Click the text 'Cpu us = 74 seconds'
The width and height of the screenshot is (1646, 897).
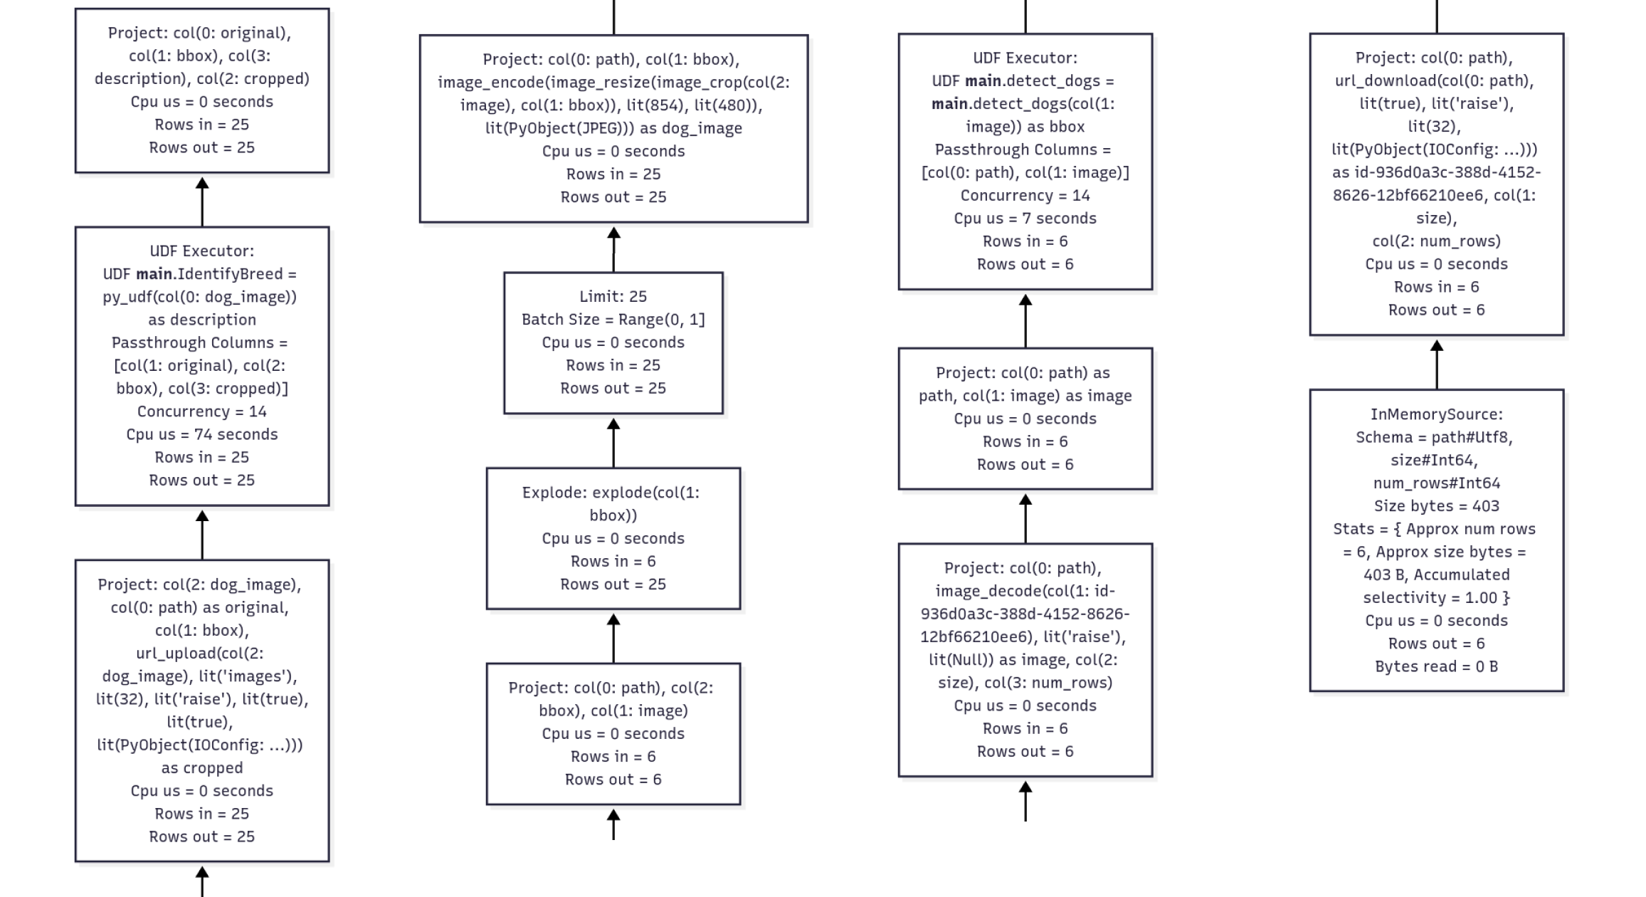[202, 434]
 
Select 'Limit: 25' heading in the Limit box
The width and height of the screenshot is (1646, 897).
[613, 296]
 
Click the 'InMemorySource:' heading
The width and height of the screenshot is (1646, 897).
[1436, 414]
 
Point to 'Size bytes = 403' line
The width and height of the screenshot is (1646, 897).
[1436, 506]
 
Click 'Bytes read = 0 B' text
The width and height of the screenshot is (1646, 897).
[1436, 667]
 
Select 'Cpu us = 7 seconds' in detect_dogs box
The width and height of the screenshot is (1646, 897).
[1025, 219]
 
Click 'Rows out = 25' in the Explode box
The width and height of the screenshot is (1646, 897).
[613, 584]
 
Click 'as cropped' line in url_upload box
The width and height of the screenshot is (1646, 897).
[202, 768]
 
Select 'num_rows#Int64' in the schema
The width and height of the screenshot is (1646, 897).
[1436, 483]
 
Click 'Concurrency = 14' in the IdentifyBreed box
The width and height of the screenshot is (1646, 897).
[202, 411]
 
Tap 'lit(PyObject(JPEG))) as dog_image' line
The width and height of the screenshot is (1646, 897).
[613, 128]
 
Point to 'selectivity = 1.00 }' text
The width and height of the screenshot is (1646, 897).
[1436, 598]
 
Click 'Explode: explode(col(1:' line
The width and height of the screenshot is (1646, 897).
[611, 493]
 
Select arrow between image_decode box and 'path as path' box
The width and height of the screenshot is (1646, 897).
[1025, 518]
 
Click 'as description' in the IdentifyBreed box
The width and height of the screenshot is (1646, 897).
[202, 320]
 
